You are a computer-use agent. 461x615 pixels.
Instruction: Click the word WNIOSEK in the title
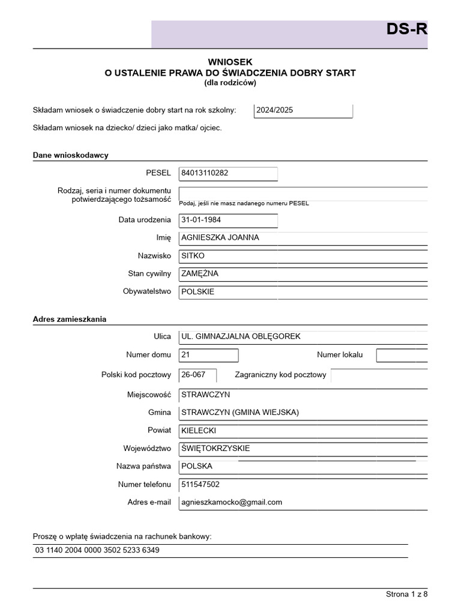point(230,61)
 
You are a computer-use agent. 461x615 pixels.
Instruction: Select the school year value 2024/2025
point(275,111)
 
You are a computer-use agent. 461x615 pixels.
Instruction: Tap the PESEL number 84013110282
point(205,174)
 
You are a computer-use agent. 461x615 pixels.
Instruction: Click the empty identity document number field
point(303,193)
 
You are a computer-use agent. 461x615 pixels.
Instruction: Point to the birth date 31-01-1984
point(201,220)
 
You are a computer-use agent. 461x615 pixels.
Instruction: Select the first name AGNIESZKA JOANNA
point(220,237)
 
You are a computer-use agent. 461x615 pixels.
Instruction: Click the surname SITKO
point(193,256)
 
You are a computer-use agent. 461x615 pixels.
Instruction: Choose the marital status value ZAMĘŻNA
point(200,274)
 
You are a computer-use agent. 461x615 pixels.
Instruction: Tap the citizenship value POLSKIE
point(197,292)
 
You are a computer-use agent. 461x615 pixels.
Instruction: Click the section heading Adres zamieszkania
point(69,319)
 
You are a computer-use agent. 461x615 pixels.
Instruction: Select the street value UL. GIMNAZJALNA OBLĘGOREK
point(241,337)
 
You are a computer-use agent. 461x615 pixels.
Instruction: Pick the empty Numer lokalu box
point(402,356)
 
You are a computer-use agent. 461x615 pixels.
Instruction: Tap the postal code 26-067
point(193,375)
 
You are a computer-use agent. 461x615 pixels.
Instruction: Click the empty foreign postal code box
point(379,375)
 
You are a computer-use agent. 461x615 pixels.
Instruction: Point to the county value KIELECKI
point(199,431)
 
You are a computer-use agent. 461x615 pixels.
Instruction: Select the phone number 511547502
point(200,484)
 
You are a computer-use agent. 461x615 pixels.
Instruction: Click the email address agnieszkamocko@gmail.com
point(232,502)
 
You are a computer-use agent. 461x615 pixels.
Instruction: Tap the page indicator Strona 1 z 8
point(406,594)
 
